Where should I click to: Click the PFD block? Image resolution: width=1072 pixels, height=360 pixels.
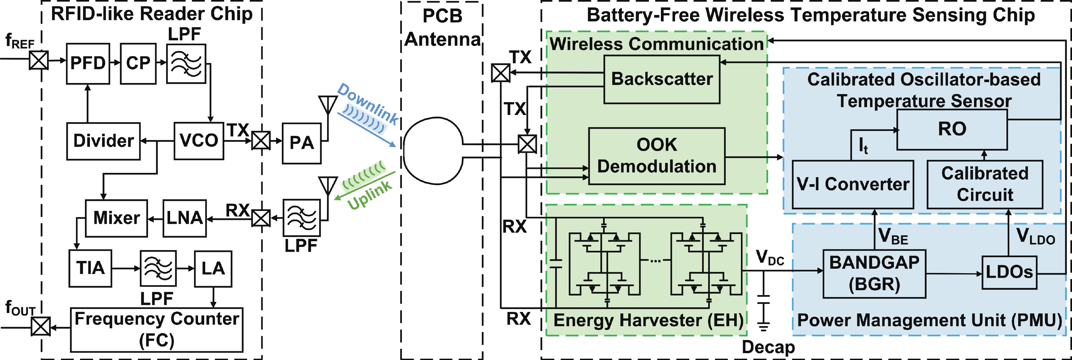click(x=88, y=64)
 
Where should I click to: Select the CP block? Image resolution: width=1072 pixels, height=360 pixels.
click(x=138, y=64)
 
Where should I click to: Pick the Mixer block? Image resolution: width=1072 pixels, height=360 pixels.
click(x=116, y=218)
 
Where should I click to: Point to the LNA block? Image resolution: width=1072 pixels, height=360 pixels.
click(x=184, y=218)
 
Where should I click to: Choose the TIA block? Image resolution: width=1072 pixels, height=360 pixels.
click(x=90, y=268)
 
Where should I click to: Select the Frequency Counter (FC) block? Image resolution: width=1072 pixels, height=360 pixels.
click(x=157, y=330)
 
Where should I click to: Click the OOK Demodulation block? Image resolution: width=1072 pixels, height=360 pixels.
click(x=657, y=156)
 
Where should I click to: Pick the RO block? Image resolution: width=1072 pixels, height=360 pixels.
click(x=952, y=129)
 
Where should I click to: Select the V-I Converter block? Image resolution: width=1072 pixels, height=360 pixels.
click(x=853, y=184)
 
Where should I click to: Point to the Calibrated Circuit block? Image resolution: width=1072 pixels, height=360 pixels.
click(x=985, y=184)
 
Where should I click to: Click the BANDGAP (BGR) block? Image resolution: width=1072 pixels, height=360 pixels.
click(x=874, y=274)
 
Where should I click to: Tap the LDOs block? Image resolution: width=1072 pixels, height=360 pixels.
click(x=1009, y=273)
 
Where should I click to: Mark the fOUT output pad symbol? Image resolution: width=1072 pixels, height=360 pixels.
click(x=41, y=326)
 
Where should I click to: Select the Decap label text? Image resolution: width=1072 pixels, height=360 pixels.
click(x=768, y=347)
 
